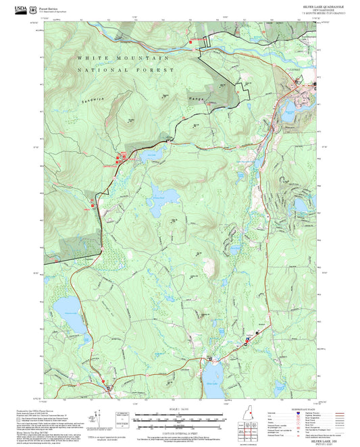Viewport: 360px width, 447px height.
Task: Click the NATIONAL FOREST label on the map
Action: tap(122, 70)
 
